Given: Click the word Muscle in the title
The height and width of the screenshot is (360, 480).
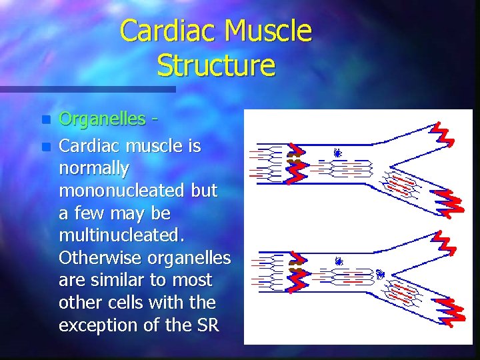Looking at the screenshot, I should pyautogui.click(x=269, y=31).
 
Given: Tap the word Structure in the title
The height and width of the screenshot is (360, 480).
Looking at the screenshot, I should pyautogui.click(x=216, y=65).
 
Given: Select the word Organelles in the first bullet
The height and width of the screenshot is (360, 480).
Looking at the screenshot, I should pyautogui.click(x=102, y=119).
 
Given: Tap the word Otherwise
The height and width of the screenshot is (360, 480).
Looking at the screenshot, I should pyautogui.click(x=101, y=257).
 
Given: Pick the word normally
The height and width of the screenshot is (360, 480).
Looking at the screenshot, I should pyautogui.click(x=94, y=168).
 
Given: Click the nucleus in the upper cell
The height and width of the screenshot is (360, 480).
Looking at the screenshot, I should pyautogui.click(x=338, y=153).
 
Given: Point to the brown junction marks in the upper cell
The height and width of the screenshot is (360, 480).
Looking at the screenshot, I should pyautogui.click(x=293, y=158).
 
